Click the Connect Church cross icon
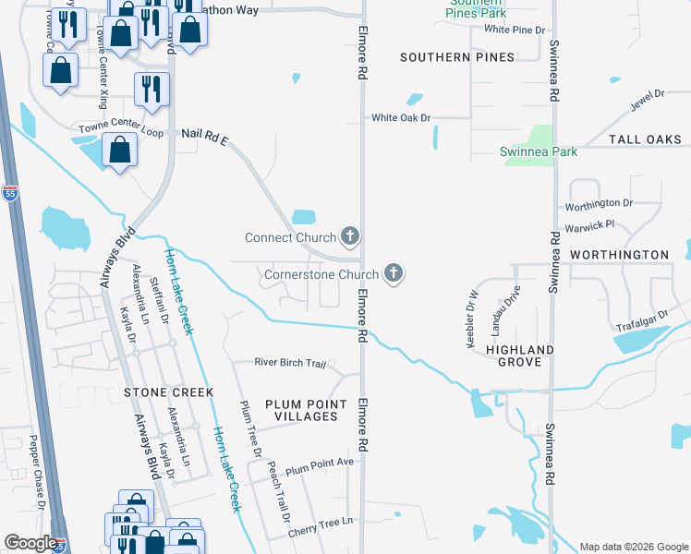349,237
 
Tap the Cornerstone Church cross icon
394,274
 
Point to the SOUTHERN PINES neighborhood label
456,57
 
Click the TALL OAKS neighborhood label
645,139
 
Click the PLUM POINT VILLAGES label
307,411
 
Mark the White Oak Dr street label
401,117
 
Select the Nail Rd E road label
204,136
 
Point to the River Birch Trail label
291,363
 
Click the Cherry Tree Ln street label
321,524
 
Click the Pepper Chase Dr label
36,471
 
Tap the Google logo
30,543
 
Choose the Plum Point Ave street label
320,463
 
